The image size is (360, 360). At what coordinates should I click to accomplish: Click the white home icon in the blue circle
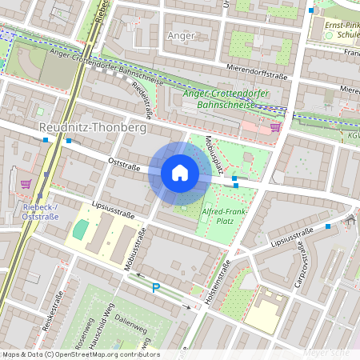[180, 173]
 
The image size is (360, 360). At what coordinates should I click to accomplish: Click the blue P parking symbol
[156, 288]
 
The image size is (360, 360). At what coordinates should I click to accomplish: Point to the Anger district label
[181, 36]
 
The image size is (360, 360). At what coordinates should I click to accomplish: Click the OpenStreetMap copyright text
[80, 354]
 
